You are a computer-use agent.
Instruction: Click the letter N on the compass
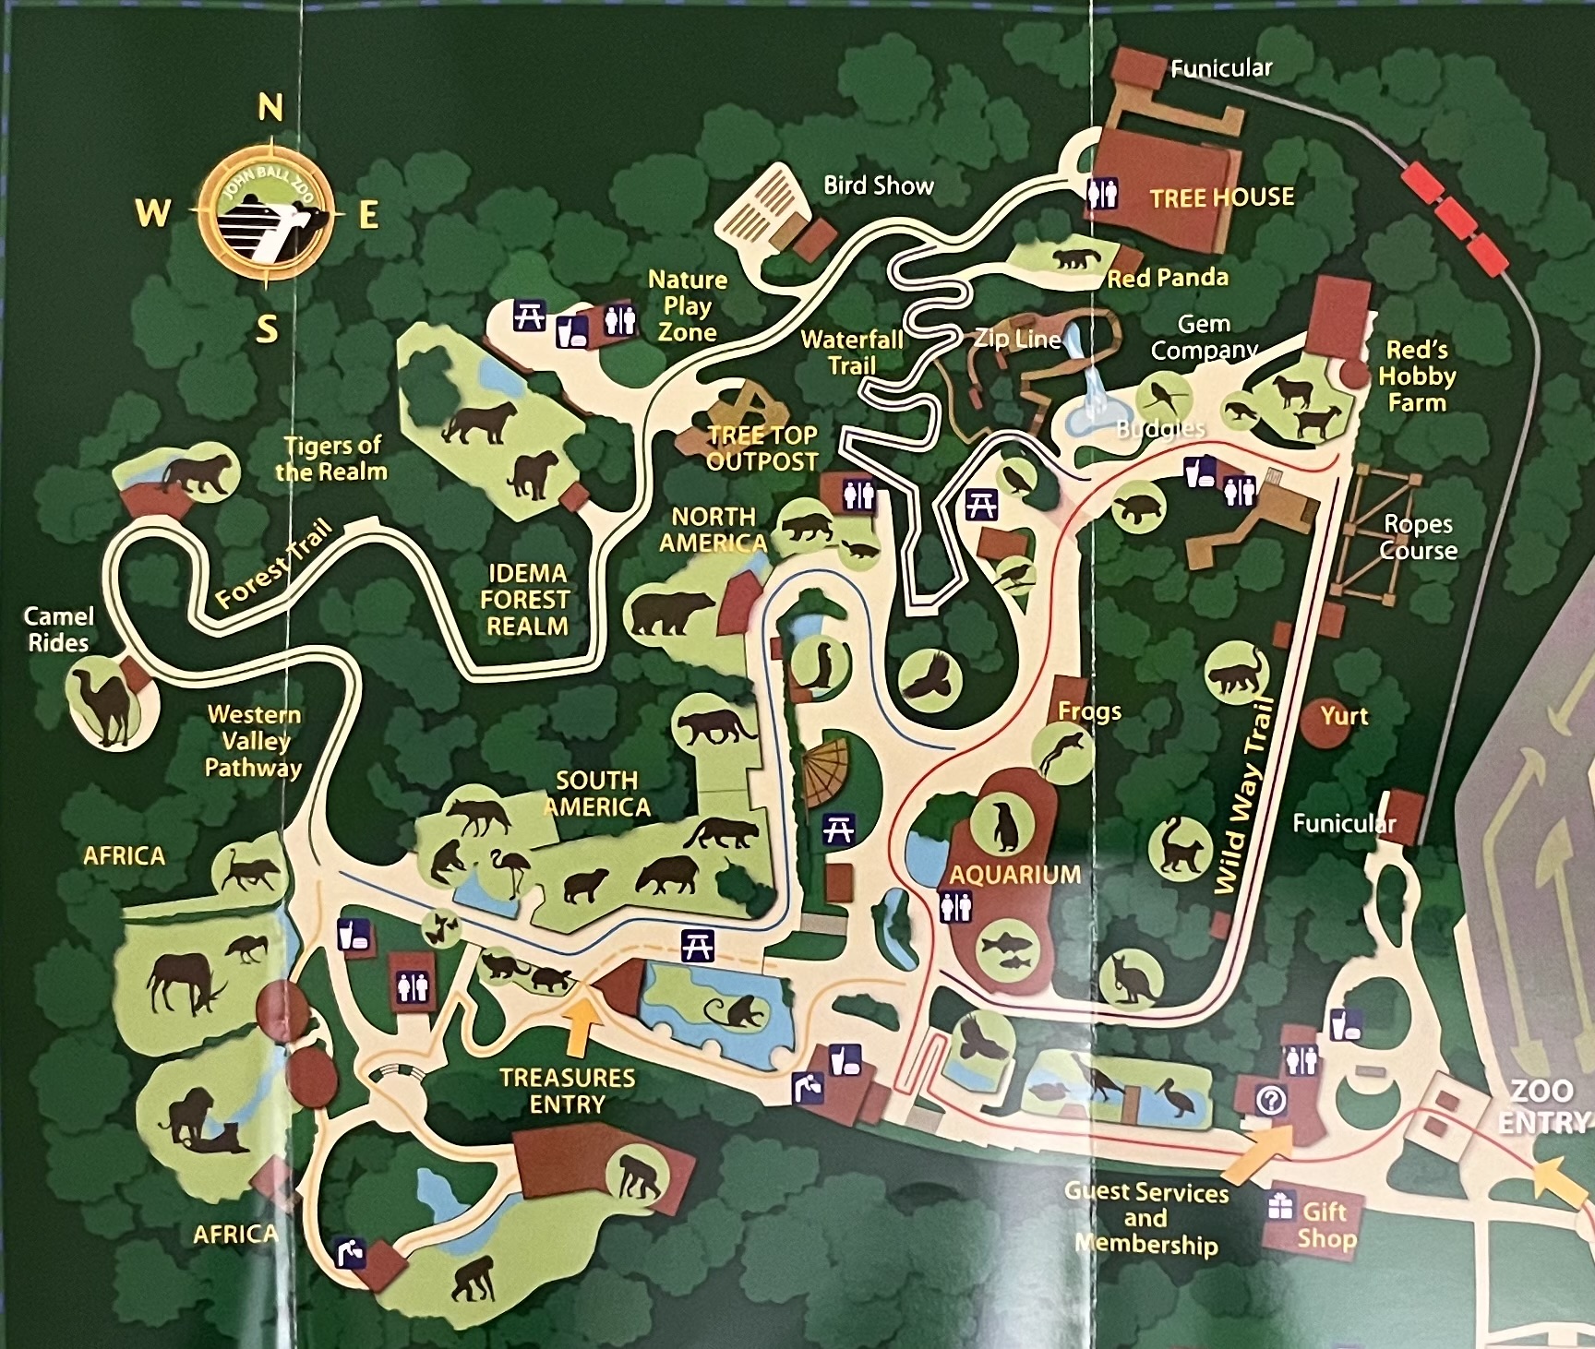270,109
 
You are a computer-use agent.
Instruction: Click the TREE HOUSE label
1221,197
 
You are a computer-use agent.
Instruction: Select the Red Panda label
1168,278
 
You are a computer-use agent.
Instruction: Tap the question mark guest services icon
1271,1100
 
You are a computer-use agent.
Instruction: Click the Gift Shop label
1326,1224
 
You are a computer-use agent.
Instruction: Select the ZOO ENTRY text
1543,1105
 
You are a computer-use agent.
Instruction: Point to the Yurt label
1344,716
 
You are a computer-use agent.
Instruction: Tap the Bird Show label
878,185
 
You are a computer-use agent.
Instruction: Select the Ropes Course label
1418,537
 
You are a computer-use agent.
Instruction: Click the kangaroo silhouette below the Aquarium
1129,978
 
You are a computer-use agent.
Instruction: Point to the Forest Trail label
273,566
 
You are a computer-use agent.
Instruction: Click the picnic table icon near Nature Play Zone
529,316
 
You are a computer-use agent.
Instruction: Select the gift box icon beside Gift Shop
1280,1205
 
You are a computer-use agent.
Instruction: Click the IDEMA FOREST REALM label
526,600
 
